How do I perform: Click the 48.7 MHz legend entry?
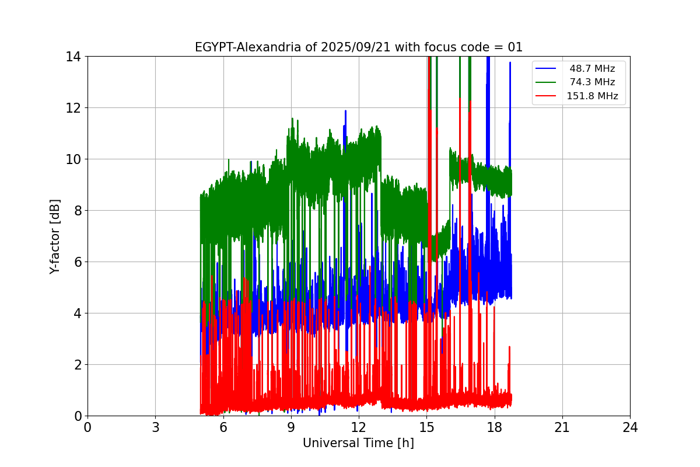[x=592, y=69]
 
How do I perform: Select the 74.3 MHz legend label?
[x=592, y=82]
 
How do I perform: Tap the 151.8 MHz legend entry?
[x=592, y=96]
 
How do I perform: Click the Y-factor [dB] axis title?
[x=55, y=236]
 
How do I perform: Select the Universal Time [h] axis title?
[x=358, y=443]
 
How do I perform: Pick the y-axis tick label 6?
[x=76, y=262]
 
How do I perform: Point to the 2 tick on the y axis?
[x=76, y=365]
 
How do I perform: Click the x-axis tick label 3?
[x=155, y=427]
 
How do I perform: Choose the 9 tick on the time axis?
[x=290, y=427]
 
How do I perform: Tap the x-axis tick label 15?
[x=426, y=427]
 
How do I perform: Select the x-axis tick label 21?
[x=562, y=427]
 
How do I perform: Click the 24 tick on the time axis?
[x=630, y=427]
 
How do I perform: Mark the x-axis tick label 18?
[x=494, y=427]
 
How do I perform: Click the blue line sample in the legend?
[x=545, y=69]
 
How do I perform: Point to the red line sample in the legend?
[x=545, y=96]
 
